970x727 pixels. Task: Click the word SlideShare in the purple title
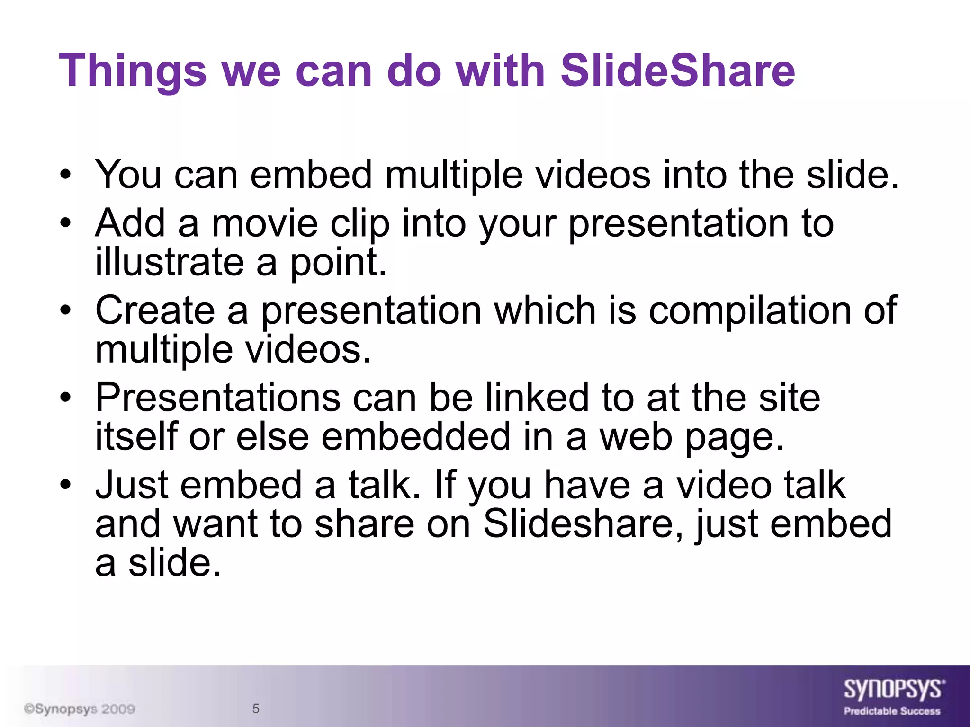677,71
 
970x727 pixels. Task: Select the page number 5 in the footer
256,709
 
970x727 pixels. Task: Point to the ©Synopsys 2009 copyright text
80,709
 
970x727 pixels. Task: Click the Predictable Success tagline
892,711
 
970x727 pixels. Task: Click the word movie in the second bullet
265,223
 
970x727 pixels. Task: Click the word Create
155,310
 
